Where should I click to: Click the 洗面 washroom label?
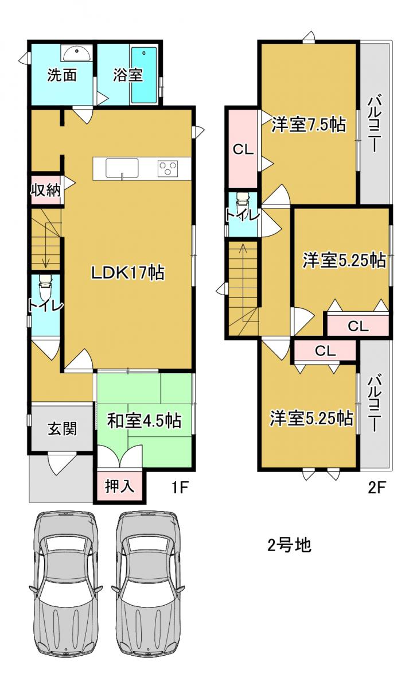pyautogui.click(x=62, y=75)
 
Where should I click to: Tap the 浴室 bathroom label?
pyautogui.click(x=127, y=75)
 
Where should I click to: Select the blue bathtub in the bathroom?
pyautogui.click(x=144, y=75)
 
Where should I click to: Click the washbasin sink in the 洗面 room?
pyautogui.click(x=77, y=53)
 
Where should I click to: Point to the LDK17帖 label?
pyautogui.click(x=128, y=273)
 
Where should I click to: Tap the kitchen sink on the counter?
pyautogui.click(x=122, y=168)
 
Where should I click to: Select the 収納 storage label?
pyautogui.click(x=46, y=191)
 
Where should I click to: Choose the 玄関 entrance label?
pyautogui.click(x=62, y=428)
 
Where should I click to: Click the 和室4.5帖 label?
pyautogui.click(x=144, y=420)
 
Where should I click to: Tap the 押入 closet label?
pyautogui.click(x=119, y=486)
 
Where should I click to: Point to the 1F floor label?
pyautogui.click(x=179, y=487)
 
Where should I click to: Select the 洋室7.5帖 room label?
pyautogui.click(x=308, y=125)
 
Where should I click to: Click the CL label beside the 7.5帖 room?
pyautogui.click(x=243, y=150)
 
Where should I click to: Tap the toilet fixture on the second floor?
pyautogui.click(x=243, y=204)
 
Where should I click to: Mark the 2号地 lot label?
pyautogui.click(x=289, y=545)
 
